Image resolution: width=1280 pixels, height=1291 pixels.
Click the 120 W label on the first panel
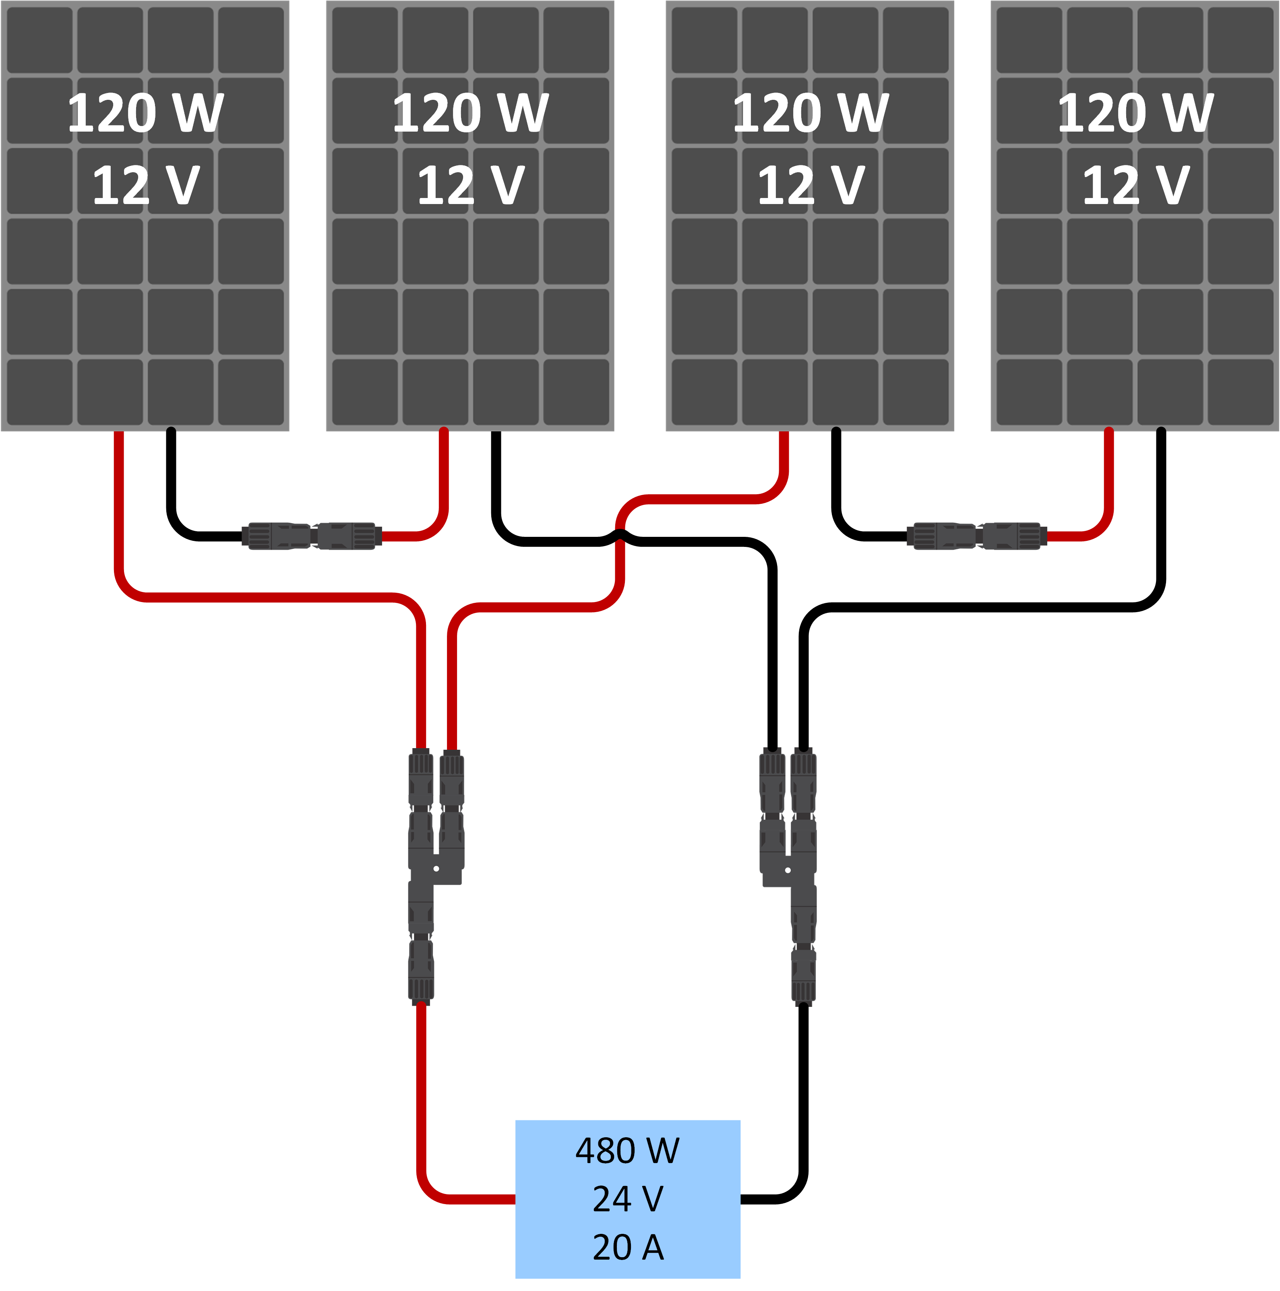click(x=145, y=113)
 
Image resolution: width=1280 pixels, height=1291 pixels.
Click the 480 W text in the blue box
click(x=627, y=1151)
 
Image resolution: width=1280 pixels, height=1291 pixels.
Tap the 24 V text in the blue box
click(x=627, y=1199)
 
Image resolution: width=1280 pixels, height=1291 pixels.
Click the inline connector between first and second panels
click(x=312, y=536)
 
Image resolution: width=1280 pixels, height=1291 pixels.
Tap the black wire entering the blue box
click(x=769, y=1200)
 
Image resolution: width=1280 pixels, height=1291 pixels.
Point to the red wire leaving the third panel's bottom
click(x=784, y=454)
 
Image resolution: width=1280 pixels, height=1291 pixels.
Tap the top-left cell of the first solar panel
click(x=39, y=40)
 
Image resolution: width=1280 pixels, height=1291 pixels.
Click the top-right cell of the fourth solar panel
click(x=1240, y=40)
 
